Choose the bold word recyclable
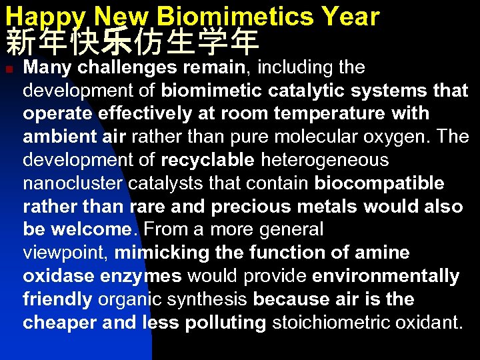(207, 160)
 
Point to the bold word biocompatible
(379, 183)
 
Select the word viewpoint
(65, 253)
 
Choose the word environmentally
(385, 276)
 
